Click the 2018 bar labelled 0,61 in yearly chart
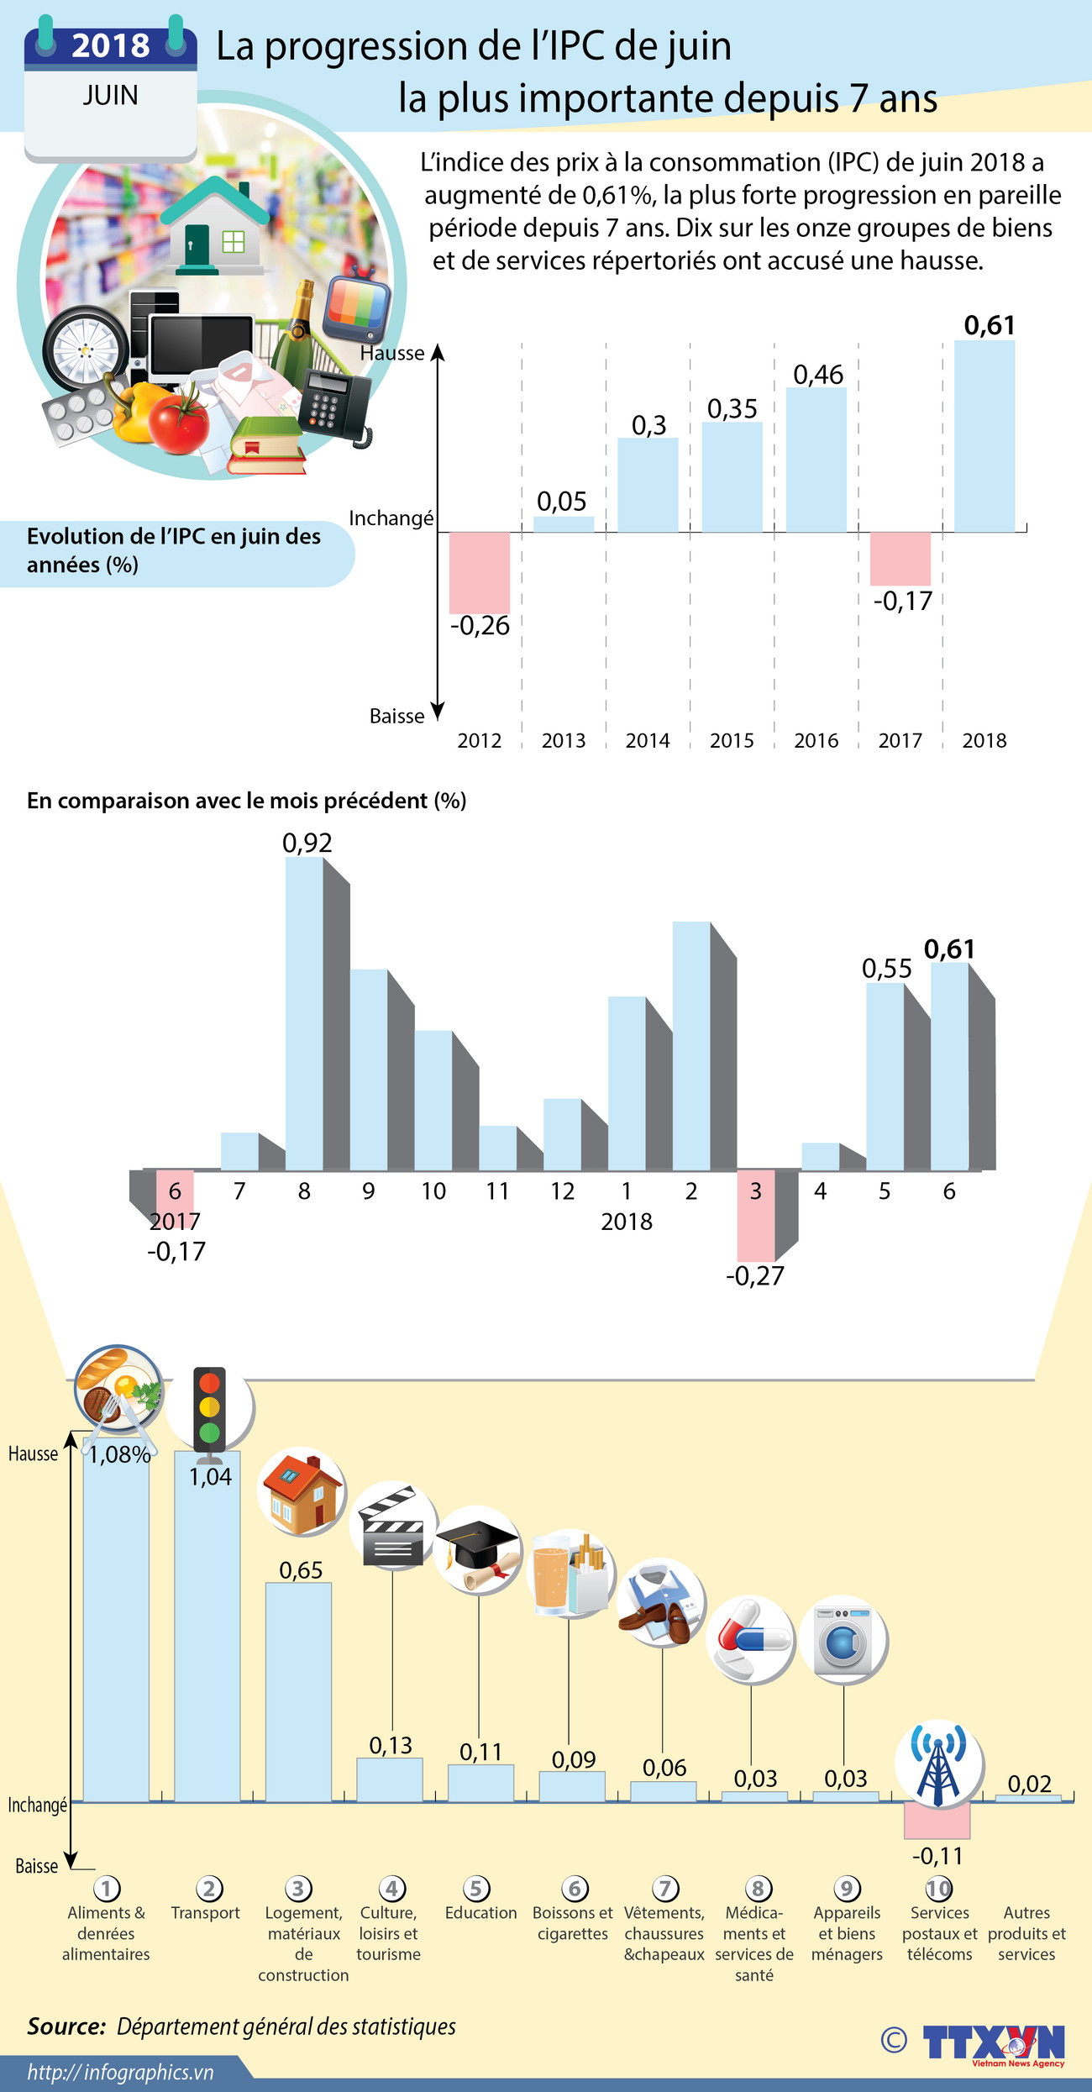(984, 437)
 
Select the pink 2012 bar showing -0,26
(480, 572)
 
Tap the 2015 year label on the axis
(732, 740)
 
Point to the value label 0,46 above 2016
(818, 375)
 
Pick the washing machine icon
(843, 1639)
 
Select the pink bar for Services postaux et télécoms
(937, 1820)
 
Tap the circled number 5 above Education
(476, 1888)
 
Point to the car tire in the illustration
(86, 349)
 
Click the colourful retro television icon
(357, 306)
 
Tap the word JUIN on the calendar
(110, 96)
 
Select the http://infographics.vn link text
(120, 2073)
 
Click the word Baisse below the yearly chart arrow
(396, 717)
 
